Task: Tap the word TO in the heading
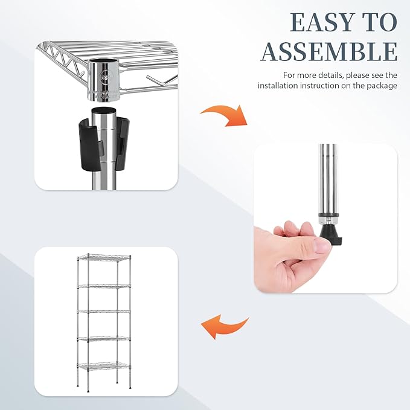tap(380, 22)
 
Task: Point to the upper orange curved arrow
tap(224, 113)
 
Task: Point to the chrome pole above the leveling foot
tap(327, 181)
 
